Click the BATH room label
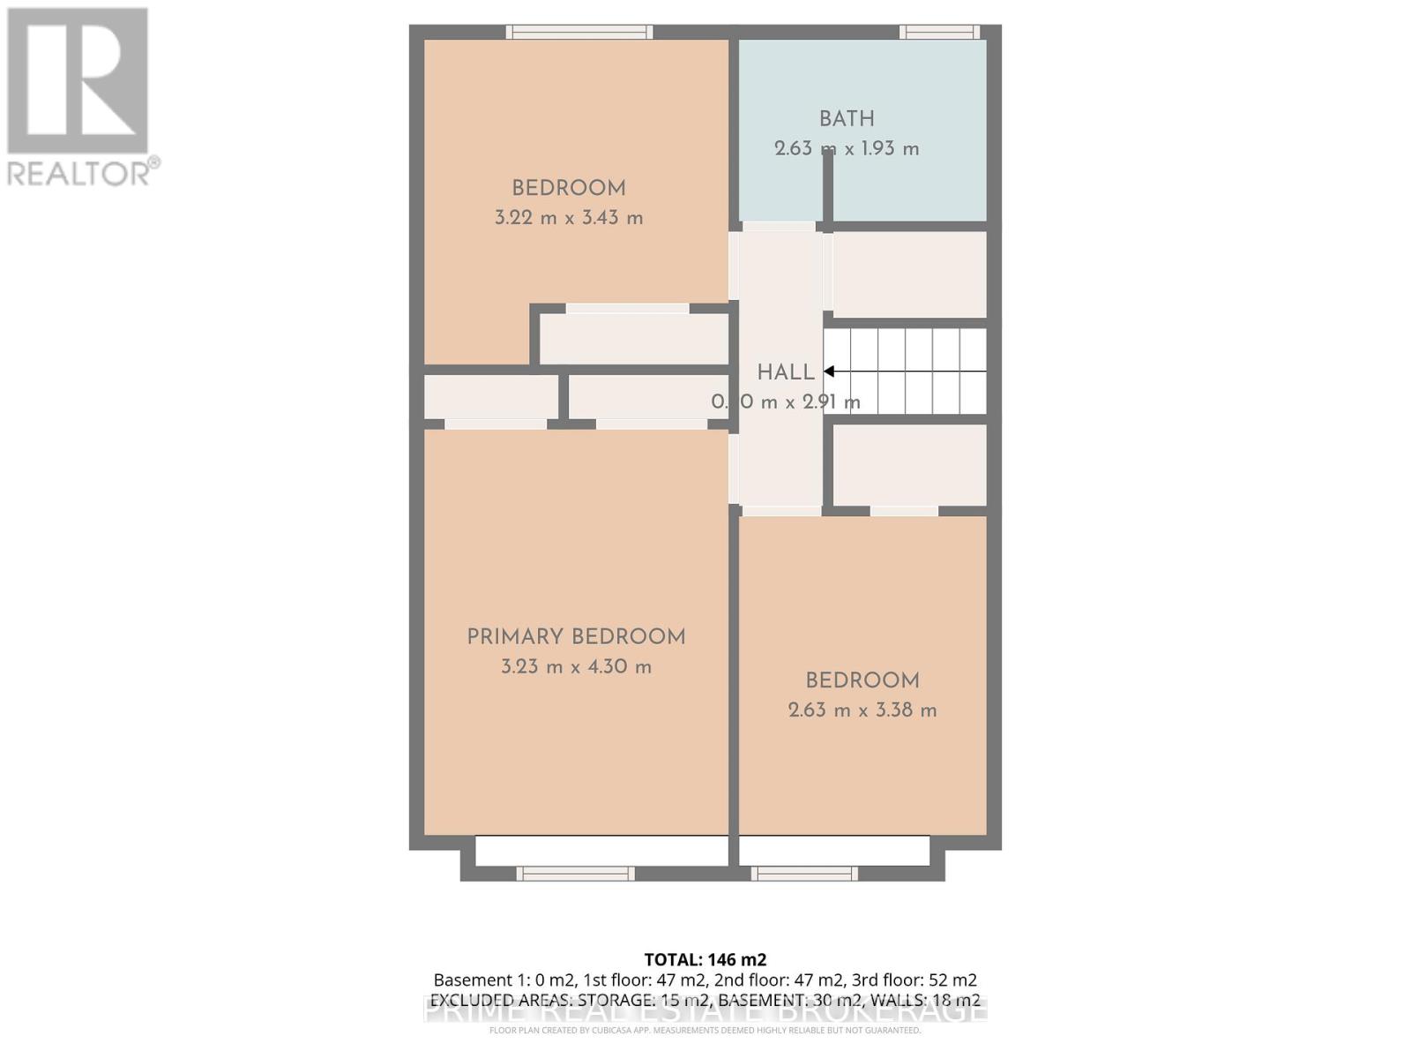pos(847,119)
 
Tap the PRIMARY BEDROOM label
pos(576,637)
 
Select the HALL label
pos(785,372)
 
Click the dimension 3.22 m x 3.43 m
pos(569,218)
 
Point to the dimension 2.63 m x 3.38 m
pos(862,710)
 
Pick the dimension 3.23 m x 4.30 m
pos(576,667)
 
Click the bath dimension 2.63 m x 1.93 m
pos(847,149)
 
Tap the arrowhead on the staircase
pos(830,372)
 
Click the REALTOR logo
pos(79,97)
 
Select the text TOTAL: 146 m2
pos(705,959)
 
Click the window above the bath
pos(939,33)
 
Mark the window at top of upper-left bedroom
pos(579,33)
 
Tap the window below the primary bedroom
pos(575,874)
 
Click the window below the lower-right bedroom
pos(804,874)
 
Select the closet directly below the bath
pos(909,274)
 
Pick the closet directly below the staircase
pos(909,465)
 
